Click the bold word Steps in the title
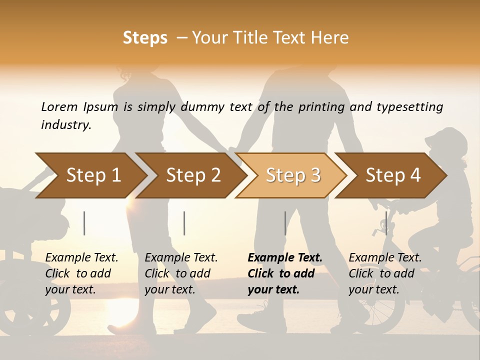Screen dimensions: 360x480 [x=145, y=38]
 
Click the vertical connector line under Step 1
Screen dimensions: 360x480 [x=84, y=223]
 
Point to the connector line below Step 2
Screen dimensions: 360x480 [x=184, y=223]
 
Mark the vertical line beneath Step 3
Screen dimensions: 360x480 [x=285, y=223]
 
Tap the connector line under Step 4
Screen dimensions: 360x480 [x=386, y=223]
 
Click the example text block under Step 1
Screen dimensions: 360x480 [x=81, y=273]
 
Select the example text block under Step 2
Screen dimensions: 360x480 [x=181, y=273]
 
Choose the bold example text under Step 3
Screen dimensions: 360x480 [x=285, y=273]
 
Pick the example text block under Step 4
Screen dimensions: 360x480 [x=385, y=273]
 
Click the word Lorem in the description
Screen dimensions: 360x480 [x=59, y=107]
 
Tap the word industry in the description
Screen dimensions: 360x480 [x=66, y=125]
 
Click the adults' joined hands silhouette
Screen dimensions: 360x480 [x=232, y=149]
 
